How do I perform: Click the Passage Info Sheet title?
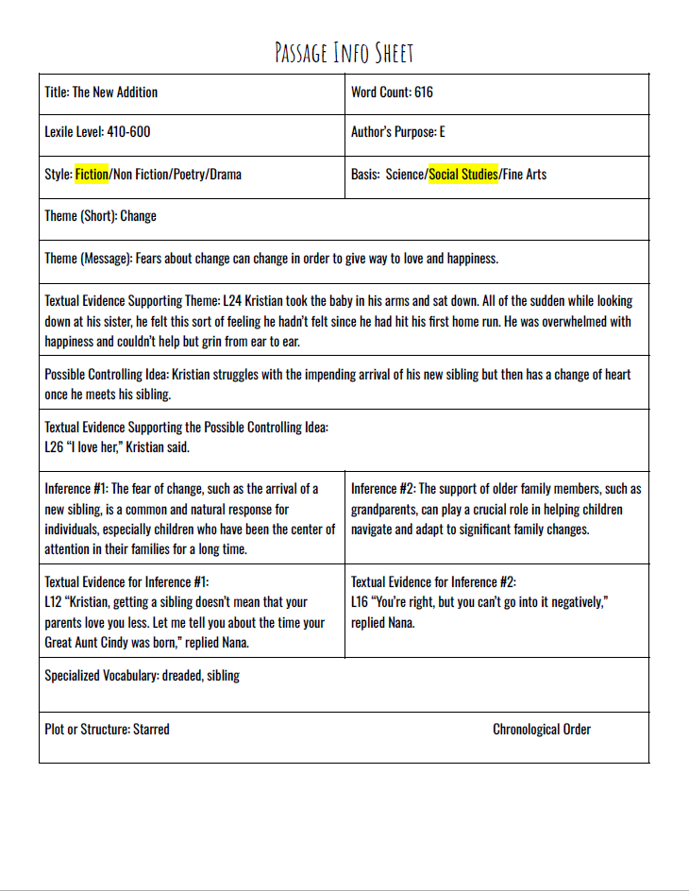coord(344,52)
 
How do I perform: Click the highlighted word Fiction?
coord(92,175)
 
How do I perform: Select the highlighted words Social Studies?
coord(462,175)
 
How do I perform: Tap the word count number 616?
coord(424,92)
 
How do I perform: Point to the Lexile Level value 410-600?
coord(126,132)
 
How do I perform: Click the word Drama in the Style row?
coord(225,175)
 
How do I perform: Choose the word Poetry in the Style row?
coord(189,175)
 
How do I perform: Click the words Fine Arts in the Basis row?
coord(525,175)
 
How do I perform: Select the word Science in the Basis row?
coord(405,175)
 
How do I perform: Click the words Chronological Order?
coord(542,729)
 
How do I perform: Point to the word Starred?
coord(151,729)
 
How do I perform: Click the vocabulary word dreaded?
coord(186,676)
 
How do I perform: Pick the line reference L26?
coord(53,447)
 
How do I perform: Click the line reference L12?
coord(53,602)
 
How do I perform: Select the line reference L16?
coord(360,602)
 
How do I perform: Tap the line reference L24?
coord(231,301)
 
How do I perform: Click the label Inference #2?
coord(382,489)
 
